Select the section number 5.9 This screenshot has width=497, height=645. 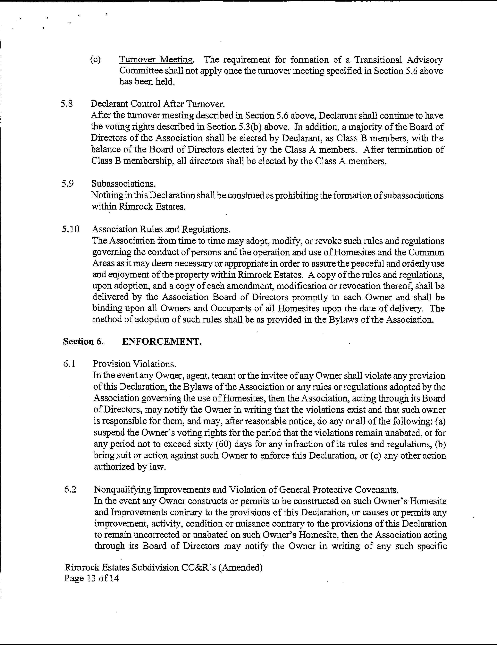[x=68, y=184]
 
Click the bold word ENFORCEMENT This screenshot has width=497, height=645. [x=162, y=341]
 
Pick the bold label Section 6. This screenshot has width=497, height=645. [x=83, y=341]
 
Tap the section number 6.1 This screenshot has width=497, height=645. [x=69, y=364]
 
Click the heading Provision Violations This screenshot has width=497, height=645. [x=135, y=364]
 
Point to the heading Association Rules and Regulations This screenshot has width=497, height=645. [x=161, y=229]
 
